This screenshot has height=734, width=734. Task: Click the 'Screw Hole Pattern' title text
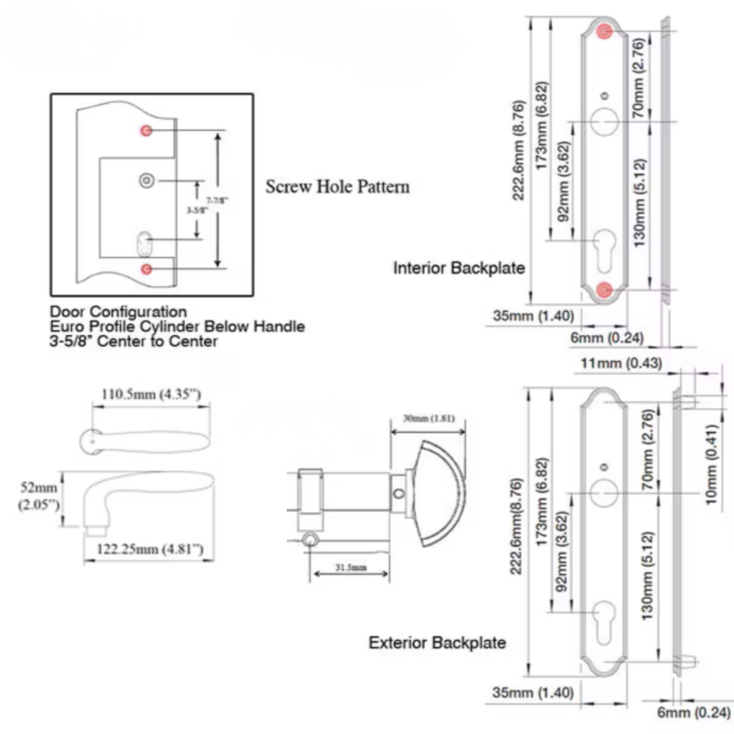coord(338,187)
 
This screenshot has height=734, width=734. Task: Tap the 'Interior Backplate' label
coord(459,268)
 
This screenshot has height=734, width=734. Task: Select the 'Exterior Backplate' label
coord(437,643)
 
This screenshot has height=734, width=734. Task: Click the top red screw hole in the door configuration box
coord(146,130)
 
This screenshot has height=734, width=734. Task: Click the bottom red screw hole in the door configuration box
coord(146,269)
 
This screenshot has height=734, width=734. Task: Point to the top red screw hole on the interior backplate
coord(605,32)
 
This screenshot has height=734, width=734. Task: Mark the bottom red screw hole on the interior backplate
coord(605,289)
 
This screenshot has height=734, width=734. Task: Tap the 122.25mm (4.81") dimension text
coord(150,549)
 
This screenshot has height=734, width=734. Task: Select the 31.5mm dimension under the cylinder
coord(351,567)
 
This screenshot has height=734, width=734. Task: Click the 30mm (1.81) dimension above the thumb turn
coord(428,418)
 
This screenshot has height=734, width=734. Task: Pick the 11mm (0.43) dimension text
coord(621,363)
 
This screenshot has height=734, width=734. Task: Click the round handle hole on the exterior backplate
coord(604,492)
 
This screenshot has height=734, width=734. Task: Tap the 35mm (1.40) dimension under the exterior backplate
coord(533,692)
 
